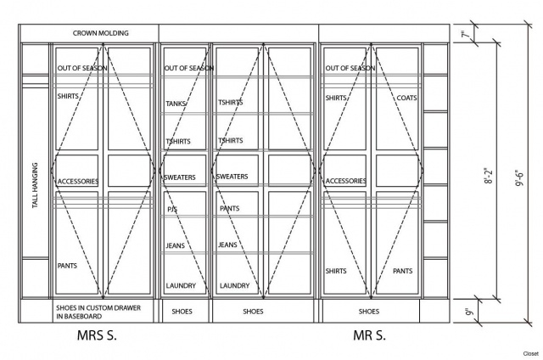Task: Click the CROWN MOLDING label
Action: [100, 33]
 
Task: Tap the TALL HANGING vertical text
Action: [35, 185]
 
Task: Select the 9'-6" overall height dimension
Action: [520, 178]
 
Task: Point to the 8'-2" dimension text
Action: [489, 176]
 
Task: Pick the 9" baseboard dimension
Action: [469, 311]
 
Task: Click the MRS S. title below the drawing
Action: [97, 335]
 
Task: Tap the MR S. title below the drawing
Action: [369, 335]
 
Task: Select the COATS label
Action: [406, 98]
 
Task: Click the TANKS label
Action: [176, 104]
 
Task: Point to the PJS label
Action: [172, 209]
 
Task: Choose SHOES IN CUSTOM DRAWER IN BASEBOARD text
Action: [98, 312]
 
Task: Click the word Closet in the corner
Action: [531, 354]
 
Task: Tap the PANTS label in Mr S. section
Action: [402, 271]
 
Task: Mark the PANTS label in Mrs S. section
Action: [67, 266]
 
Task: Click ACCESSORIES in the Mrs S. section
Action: [78, 181]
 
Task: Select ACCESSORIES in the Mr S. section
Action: [345, 181]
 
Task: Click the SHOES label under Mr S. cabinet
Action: [369, 312]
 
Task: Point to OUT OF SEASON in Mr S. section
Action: [350, 68]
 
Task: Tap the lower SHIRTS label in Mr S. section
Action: [336, 271]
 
